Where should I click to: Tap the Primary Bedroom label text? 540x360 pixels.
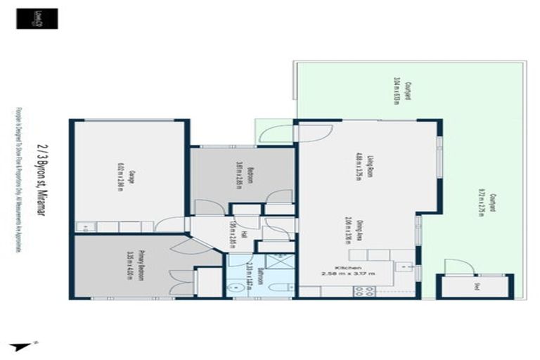(141, 266)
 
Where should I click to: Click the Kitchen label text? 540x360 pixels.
(349, 268)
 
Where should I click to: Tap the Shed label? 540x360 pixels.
(477, 285)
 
